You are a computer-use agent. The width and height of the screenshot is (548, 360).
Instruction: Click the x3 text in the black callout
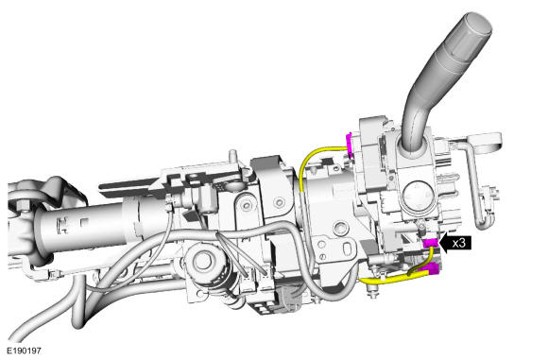pos(459,243)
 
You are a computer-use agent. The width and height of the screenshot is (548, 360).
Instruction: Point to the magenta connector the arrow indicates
pos(431,243)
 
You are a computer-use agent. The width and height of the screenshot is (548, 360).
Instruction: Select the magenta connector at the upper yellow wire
pos(349,145)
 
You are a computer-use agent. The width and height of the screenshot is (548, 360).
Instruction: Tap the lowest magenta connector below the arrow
pos(434,268)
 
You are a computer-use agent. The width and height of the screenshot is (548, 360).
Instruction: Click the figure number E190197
pos(24,351)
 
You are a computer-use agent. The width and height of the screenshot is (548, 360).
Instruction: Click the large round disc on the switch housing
pos(418,197)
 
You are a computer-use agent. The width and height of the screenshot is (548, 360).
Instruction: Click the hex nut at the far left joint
pos(22,206)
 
